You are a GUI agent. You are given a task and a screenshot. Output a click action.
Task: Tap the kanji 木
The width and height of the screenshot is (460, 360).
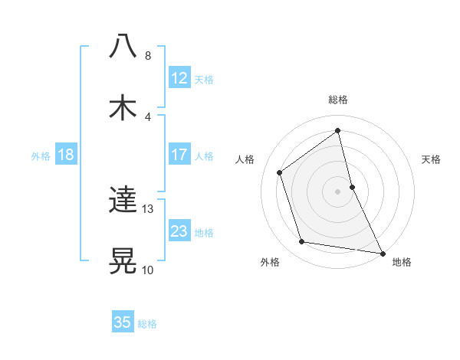pyautogui.click(x=123, y=108)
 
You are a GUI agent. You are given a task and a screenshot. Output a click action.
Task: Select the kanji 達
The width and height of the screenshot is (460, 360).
pyautogui.click(x=123, y=201)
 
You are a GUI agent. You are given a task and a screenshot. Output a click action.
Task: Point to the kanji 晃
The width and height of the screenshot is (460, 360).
pyautogui.click(x=123, y=261)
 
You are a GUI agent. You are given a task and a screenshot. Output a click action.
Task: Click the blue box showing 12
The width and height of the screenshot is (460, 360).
pyautogui.click(x=179, y=78)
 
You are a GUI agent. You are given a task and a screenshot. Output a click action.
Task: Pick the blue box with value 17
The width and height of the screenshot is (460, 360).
pyautogui.click(x=179, y=155)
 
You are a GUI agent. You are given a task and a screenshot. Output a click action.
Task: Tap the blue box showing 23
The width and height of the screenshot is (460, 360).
pyautogui.click(x=179, y=231)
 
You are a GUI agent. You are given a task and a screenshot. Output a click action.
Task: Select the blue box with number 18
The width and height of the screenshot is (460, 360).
pyautogui.click(x=66, y=155)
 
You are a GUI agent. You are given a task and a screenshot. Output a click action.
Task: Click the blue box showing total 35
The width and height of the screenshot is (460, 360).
pyautogui.click(x=123, y=322)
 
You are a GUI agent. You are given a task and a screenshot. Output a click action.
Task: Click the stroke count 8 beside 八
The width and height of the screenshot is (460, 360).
pyautogui.click(x=148, y=56)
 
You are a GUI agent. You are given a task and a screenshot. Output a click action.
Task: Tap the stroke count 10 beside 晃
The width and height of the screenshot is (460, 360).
pyautogui.click(x=148, y=270)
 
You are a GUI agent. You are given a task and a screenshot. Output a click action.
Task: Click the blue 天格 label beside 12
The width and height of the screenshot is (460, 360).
pyautogui.click(x=204, y=79)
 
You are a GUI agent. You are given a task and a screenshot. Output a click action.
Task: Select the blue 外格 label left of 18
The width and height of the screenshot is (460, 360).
pyautogui.click(x=41, y=155)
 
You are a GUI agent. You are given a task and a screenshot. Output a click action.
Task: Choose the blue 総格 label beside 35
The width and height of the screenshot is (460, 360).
pyautogui.click(x=147, y=323)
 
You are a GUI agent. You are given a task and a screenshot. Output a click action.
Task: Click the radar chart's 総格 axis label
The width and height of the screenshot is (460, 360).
pyautogui.click(x=338, y=100)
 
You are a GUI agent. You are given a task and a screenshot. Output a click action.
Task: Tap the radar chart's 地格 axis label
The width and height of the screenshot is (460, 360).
pyautogui.click(x=402, y=262)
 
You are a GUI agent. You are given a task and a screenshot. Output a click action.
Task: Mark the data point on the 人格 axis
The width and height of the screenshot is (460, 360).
pyautogui.click(x=280, y=172)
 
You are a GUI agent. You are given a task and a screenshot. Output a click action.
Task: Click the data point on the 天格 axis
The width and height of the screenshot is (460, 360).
pyautogui.click(x=352, y=187)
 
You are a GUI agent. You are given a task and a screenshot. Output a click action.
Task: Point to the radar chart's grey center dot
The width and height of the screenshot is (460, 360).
pyautogui.click(x=338, y=191)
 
